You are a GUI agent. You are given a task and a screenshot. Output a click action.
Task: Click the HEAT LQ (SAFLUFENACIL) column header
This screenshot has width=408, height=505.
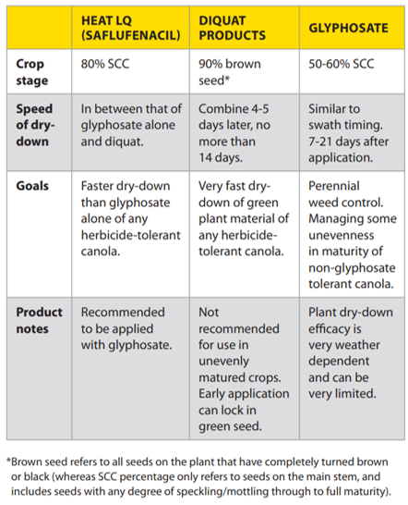click(130, 28)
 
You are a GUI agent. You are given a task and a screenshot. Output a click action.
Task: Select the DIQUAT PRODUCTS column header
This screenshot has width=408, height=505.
click(232, 28)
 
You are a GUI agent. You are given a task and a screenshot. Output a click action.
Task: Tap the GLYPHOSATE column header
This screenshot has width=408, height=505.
click(348, 28)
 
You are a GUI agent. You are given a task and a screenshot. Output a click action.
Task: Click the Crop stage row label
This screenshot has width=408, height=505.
click(31, 72)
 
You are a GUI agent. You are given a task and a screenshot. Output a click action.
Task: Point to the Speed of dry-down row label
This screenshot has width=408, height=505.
click(35, 125)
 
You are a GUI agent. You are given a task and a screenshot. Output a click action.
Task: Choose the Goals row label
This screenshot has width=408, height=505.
click(32, 186)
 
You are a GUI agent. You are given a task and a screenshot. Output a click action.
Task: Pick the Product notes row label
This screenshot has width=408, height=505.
click(39, 320)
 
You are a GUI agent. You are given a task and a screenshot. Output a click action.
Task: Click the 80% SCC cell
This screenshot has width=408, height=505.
click(105, 64)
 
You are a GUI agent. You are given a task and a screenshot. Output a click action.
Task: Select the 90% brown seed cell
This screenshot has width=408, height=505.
click(230, 72)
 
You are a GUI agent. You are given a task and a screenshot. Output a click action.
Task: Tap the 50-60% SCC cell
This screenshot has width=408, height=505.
click(342, 64)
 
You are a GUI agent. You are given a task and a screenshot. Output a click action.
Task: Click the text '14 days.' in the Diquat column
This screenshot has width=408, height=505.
click(221, 157)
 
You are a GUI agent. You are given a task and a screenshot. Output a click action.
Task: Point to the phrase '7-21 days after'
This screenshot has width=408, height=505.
click(349, 142)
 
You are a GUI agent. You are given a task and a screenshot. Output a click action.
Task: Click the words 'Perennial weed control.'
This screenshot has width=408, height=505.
click(345, 194)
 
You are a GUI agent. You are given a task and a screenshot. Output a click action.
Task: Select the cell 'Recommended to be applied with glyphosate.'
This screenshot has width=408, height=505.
click(126, 328)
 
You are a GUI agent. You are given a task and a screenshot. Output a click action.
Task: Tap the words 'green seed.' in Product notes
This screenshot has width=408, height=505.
click(230, 426)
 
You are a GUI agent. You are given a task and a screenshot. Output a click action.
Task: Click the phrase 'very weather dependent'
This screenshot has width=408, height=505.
click(344, 353)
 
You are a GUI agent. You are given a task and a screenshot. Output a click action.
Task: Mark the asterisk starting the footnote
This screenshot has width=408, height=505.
click(8, 461)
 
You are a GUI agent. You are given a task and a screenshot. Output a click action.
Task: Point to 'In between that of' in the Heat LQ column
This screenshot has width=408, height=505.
click(131, 108)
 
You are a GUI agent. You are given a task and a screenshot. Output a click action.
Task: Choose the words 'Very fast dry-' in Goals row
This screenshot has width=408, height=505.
click(234, 186)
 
